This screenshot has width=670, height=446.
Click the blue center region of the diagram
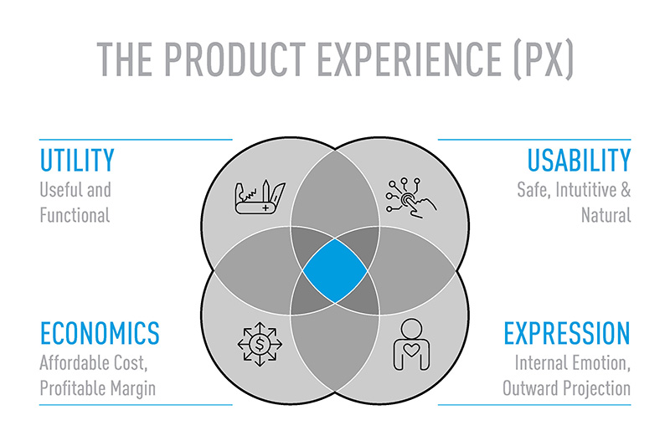pos(335,270)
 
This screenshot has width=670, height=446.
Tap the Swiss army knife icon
pos(260,197)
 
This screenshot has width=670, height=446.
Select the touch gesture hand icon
pos(411,198)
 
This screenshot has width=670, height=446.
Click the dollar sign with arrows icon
pos(260,344)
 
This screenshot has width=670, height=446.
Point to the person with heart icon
pos(411,345)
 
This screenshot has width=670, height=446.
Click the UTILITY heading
pos(77,160)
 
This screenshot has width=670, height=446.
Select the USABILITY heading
pos(579,160)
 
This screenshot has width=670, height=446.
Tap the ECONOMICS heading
pos(100,333)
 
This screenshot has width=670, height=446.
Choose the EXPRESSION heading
pos(567,333)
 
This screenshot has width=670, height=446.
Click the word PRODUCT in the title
pos(234,59)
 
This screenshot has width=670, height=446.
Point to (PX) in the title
pos(543,59)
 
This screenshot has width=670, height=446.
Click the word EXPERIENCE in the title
pos(410,59)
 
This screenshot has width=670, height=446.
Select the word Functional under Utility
pos(75,215)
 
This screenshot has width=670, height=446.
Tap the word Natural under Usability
pos(606,215)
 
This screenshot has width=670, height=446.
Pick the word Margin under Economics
pos(133,389)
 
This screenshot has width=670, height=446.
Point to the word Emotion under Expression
pos(601,364)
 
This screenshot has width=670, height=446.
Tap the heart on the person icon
pos(411,351)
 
